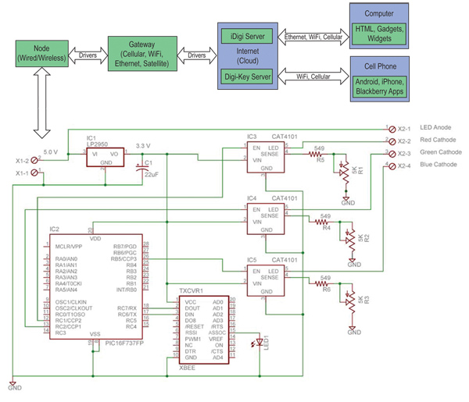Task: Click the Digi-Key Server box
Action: [248, 76]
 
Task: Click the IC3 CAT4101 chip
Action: [266, 152]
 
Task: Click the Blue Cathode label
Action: [439, 165]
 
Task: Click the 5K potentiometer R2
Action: [353, 238]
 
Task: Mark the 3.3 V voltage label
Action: [144, 145]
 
